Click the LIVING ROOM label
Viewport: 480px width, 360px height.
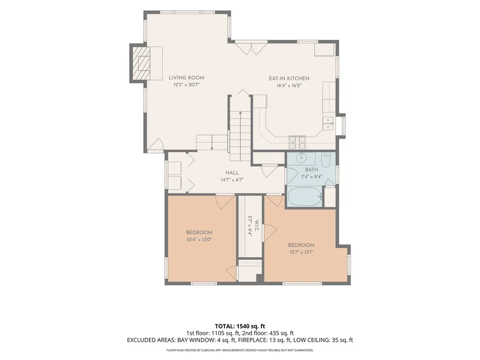tap(186, 78)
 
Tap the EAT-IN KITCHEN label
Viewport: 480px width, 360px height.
tap(289, 78)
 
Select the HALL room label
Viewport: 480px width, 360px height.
tap(232, 173)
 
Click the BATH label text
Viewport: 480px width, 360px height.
tap(311, 169)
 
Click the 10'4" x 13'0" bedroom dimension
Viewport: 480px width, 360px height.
tap(199, 239)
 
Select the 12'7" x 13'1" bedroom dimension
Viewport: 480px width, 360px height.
tap(301, 252)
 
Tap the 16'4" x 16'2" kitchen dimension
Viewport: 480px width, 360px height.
tap(289, 86)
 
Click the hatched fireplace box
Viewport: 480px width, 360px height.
tap(141, 63)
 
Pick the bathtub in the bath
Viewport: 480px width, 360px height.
tap(304, 197)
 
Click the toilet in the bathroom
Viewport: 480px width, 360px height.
tap(325, 160)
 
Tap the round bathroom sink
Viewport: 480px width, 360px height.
tap(302, 158)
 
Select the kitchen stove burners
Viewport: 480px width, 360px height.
tap(297, 140)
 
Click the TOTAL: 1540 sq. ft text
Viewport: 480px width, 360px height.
tap(240, 326)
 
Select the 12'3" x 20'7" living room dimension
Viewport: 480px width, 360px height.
tap(186, 85)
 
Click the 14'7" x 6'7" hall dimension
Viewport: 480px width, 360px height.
tap(232, 180)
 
